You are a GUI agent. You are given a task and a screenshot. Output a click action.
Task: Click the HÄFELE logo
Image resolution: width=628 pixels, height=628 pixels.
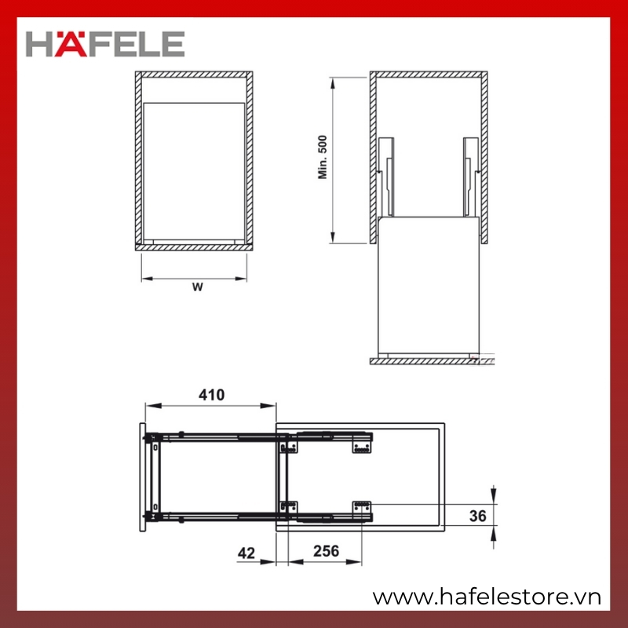[x=105, y=44]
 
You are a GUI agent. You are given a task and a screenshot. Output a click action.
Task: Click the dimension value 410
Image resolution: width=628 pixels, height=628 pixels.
[x=211, y=395]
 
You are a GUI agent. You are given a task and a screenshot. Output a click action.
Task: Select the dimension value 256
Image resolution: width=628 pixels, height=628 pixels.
[x=326, y=551]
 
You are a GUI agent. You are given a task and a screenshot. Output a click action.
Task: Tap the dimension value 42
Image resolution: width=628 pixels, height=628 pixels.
[x=246, y=553]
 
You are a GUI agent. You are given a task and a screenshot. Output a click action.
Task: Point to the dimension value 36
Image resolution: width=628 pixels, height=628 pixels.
[x=477, y=516]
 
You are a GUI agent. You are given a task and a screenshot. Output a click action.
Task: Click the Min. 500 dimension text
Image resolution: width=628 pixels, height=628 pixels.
[x=323, y=157]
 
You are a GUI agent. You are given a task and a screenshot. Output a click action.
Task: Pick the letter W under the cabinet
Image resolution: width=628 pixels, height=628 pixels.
[x=198, y=287]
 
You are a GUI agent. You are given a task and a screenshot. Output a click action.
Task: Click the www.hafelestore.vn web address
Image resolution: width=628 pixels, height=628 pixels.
[x=487, y=597]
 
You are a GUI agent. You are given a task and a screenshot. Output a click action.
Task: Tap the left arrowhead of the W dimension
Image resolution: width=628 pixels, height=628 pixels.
[x=148, y=279]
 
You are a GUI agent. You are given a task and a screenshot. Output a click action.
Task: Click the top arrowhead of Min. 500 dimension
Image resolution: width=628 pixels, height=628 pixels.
[x=332, y=83]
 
